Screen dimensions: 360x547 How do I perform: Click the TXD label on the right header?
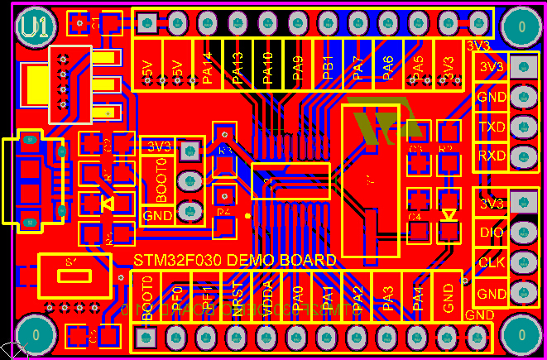pyautogui.click(x=492, y=127)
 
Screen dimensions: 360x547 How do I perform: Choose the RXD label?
pyautogui.click(x=492, y=156)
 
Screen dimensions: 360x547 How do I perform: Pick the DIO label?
pyautogui.click(x=492, y=233)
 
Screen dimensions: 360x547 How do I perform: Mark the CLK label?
pyautogui.click(x=492, y=263)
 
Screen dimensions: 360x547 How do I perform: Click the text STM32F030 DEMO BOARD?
pyautogui.click(x=235, y=260)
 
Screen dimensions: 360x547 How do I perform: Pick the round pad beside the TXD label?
pyautogui.click(x=521, y=127)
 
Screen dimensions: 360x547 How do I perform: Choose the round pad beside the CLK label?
pyautogui.click(x=521, y=263)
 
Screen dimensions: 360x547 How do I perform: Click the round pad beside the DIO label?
pyautogui.click(x=521, y=233)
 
